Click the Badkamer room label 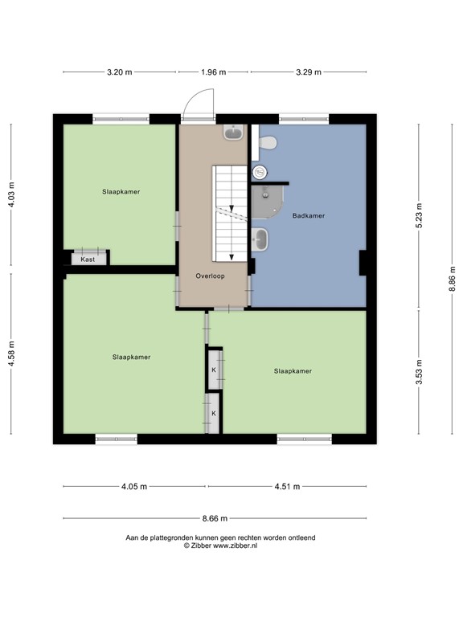(308, 215)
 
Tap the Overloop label (210, 276)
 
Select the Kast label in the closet (88, 259)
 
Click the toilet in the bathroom (268, 143)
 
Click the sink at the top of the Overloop (234, 133)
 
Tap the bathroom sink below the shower (260, 239)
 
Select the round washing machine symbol (260, 172)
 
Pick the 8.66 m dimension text (214, 518)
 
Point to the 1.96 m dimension (214, 72)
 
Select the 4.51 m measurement (287, 486)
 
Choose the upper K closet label (214, 370)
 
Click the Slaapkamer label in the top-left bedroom (121, 192)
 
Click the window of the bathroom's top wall (303, 120)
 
